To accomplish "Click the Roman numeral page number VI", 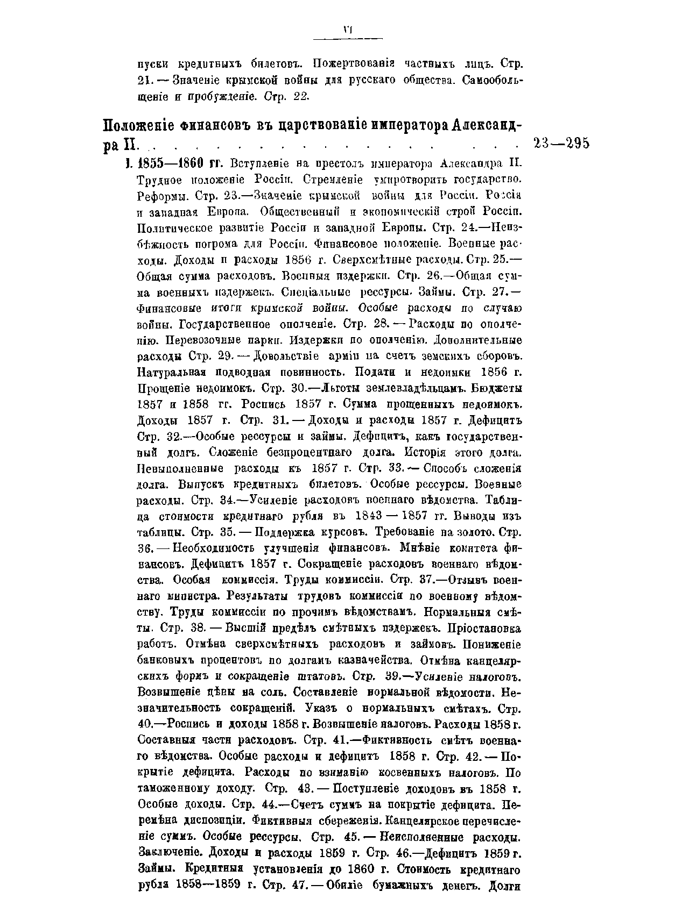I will click(x=347, y=31).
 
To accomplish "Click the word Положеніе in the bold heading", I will click(x=136, y=127).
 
